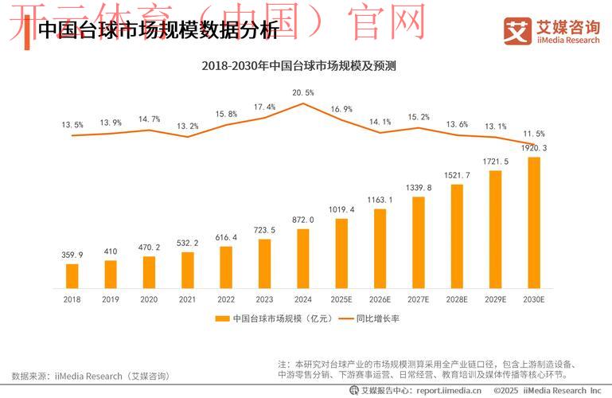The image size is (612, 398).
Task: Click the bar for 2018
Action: tap(72, 275)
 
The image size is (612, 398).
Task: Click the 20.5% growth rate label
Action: tap(303, 92)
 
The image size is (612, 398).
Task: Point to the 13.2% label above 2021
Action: tap(188, 126)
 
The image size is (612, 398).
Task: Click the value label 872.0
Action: tap(303, 220)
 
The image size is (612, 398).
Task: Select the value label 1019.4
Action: tap(341, 209)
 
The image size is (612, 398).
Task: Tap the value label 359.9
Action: tap(72, 255)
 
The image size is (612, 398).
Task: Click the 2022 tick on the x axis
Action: tap(226, 299)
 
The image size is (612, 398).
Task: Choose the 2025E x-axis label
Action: tap(341, 299)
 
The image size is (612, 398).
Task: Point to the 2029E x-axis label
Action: tap(495, 299)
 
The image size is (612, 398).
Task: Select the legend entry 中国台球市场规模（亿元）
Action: tap(266, 318)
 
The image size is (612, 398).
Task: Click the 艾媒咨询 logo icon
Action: tap(517, 30)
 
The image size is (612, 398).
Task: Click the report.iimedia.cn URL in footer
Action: tap(448, 390)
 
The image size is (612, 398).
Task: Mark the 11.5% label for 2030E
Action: tap(534, 134)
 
